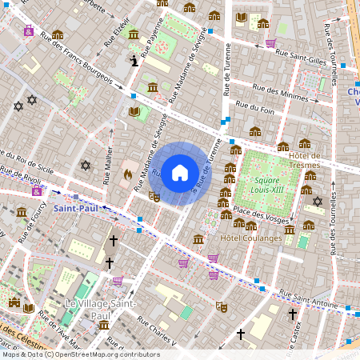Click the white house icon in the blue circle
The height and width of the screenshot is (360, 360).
(x=180, y=172)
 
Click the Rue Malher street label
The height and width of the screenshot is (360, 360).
(x=107, y=167)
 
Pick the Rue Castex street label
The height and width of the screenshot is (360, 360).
(x=294, y=329)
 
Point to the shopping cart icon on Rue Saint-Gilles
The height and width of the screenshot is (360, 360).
(x=270, y=43)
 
